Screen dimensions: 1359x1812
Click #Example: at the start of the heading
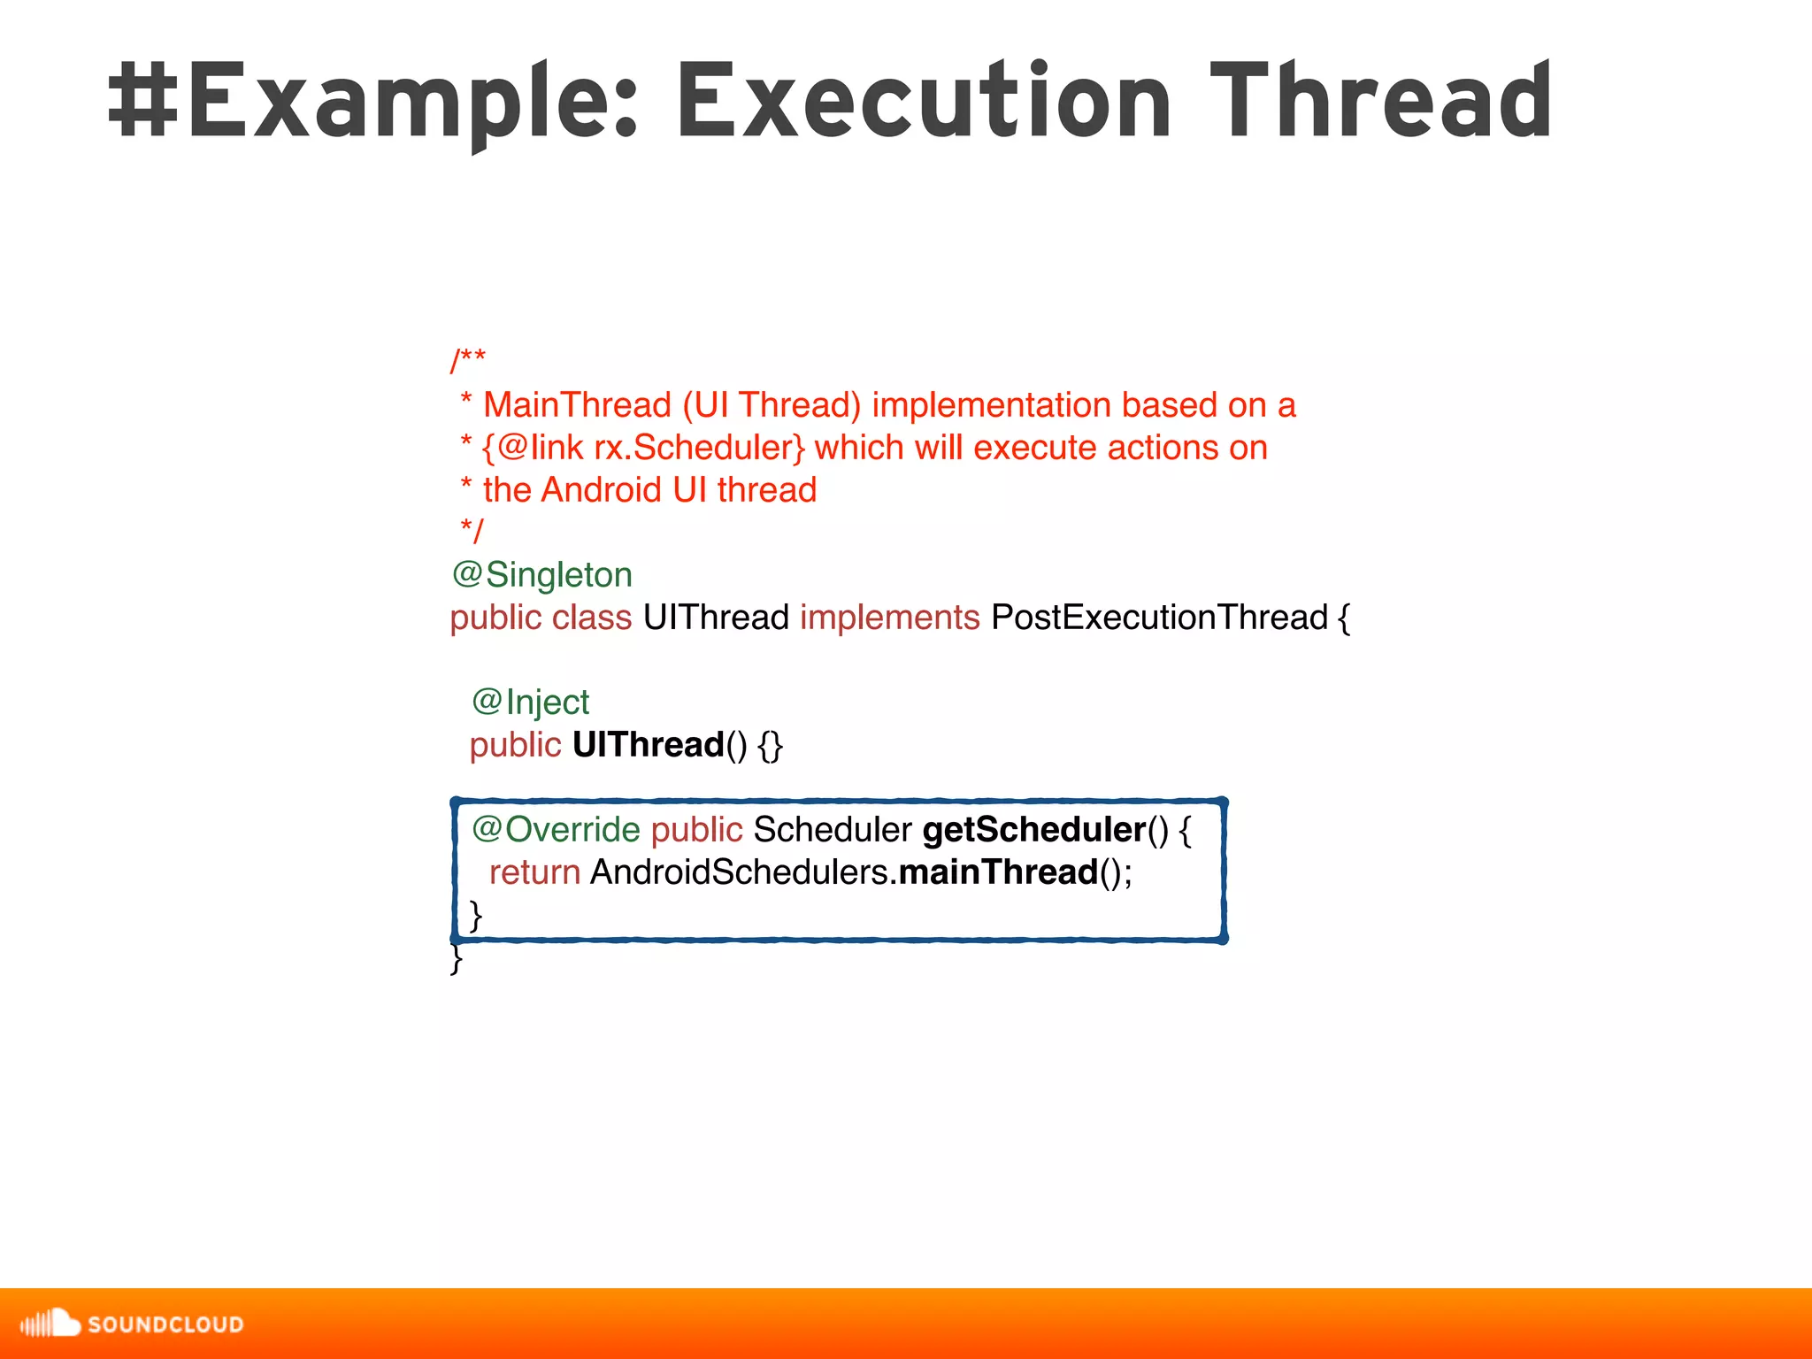point(372,102)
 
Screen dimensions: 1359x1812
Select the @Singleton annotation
point(541,575)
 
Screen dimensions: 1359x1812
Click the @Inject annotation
point(530,703)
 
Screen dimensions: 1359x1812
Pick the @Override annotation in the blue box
point(556,830)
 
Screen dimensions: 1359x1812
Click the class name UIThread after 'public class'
point(716,618)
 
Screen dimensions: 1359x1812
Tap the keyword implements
point(889,618)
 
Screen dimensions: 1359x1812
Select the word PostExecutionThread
point(1159,618)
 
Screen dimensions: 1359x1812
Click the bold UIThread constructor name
point(648,745)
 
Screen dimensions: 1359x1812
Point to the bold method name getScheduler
point(1033,830)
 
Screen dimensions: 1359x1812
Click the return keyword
point(534,872)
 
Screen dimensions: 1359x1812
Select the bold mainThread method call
point(998,872)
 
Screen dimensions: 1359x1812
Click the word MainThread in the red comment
point(577,405)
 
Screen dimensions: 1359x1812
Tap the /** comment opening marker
point(468,361)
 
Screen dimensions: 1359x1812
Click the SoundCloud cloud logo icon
point(50,1324)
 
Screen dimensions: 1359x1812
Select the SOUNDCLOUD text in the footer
point(165,1324)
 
